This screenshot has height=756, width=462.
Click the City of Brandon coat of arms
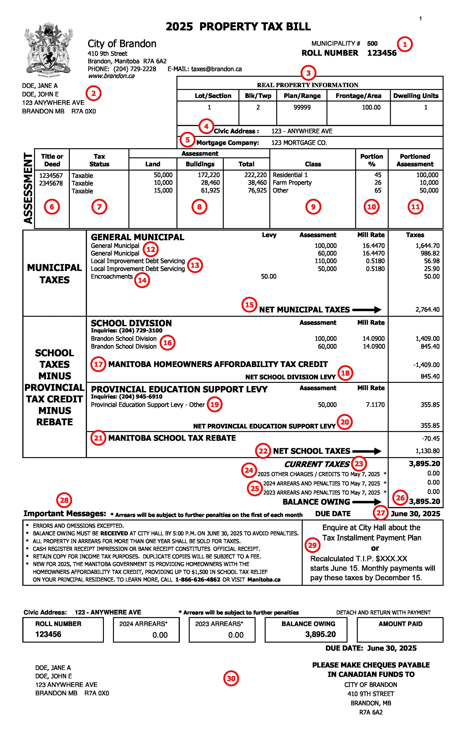click(x=48, y=49)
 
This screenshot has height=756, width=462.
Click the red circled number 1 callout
click(x=405, y=45)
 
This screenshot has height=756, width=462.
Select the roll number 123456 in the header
click(x=382, y=53)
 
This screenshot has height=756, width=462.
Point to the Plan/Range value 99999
click(x=302, y=107)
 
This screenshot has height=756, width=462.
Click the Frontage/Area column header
click(x=358, y=96)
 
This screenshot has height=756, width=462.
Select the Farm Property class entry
click(x=292, y=182)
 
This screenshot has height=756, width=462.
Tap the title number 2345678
click(x=51, y=183)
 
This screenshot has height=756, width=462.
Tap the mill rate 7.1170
click(x=375, y=405)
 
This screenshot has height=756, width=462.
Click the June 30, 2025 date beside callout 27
click(x=415, y=514)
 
